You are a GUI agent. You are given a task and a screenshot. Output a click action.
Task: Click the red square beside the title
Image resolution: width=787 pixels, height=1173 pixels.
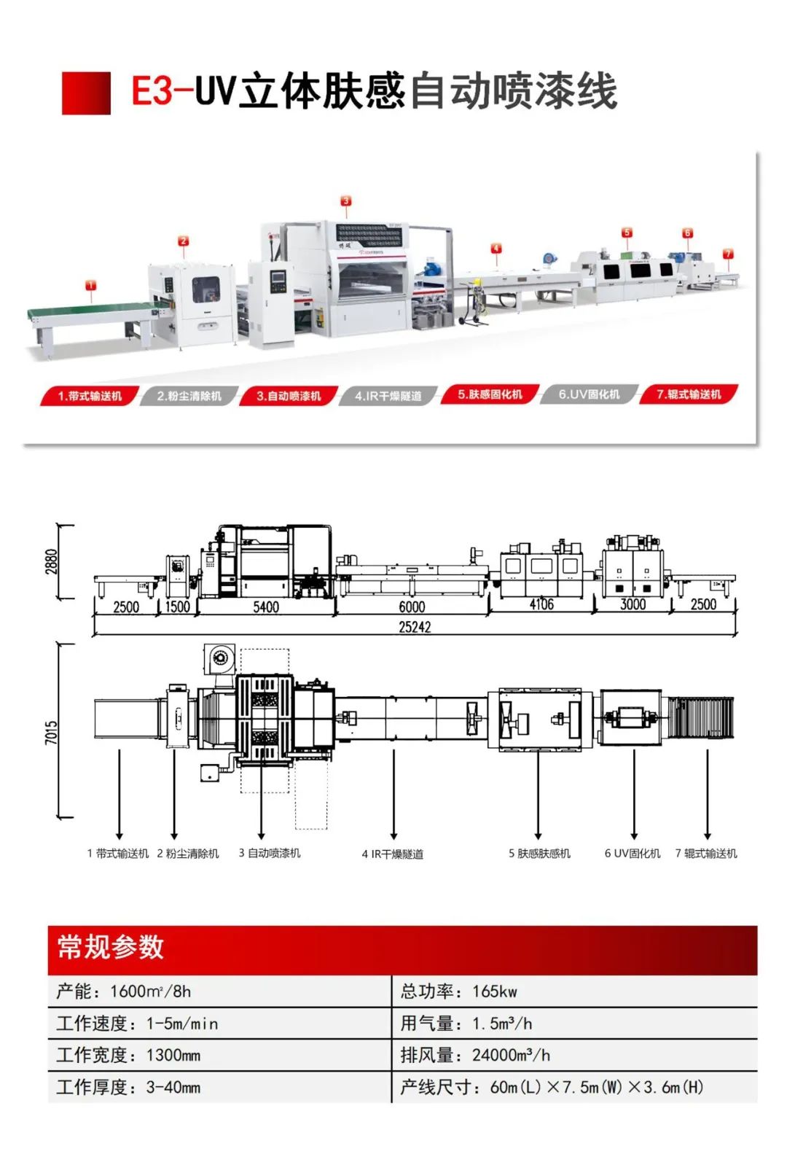tap(86, 93)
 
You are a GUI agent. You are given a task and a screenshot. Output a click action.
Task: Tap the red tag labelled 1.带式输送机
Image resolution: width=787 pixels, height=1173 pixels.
tap(90, 396)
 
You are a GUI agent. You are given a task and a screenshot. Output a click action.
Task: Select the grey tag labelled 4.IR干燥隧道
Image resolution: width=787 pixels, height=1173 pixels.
tap(388, 396)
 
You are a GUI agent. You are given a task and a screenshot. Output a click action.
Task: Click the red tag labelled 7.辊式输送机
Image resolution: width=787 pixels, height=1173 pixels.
tap(689, 394)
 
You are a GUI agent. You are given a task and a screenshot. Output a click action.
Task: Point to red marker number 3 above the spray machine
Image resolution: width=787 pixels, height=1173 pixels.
tap(346, 200)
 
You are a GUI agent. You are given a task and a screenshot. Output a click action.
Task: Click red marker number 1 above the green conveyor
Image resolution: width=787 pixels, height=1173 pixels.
tap(90, 285)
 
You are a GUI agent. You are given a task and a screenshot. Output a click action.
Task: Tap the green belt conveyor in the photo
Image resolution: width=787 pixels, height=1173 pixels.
tap(87, 312)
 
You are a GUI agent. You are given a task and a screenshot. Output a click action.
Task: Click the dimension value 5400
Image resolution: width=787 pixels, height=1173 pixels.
tap(266, 607)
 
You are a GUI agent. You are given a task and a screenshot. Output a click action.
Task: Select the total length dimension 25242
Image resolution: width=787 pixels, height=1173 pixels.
tap(415, 627)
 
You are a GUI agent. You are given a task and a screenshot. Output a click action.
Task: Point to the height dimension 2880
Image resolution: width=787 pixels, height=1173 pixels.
tap(52, 561)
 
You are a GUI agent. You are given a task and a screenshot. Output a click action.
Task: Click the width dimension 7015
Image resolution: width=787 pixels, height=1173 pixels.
tap(51, 732)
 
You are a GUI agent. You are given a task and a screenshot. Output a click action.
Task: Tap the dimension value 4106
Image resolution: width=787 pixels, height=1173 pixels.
tap(541, 604)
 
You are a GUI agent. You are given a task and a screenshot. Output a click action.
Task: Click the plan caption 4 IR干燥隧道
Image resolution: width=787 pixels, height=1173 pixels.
tap(393, 854)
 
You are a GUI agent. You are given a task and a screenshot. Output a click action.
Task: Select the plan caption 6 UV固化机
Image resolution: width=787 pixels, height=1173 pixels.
tap(633, 854)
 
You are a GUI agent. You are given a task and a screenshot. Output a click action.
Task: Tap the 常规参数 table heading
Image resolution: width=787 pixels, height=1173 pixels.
tap(111, 948)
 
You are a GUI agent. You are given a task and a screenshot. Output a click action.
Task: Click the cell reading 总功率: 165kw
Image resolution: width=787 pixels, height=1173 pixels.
tap(459, 991)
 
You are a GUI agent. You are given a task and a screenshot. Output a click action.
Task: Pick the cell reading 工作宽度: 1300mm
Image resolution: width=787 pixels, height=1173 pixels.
tap(129, 1055)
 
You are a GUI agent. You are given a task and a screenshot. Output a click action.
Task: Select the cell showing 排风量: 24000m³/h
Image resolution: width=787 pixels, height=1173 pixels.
tap(475, 1055)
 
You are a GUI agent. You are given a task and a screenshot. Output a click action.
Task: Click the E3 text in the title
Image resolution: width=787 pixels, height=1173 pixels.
tap(153, 92)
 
